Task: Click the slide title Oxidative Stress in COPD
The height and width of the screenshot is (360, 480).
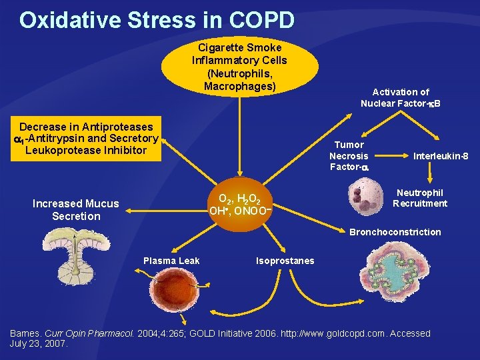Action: pos(157,19)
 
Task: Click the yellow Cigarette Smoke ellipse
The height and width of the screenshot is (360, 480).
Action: pos(236,67)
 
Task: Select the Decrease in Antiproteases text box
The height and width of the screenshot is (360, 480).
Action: pos(86,138)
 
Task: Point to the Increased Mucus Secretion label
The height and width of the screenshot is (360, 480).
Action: pos(76,210)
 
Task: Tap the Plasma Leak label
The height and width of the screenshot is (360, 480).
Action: pos(171,261)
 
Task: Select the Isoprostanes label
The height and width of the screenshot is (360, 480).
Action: pos(285,261)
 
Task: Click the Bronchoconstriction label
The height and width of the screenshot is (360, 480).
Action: pos(395,232)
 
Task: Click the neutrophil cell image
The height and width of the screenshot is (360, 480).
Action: pos(365,197)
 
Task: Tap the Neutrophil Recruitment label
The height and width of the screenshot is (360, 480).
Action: pos(420,198)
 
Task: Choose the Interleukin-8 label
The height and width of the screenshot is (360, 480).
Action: pos(441,156)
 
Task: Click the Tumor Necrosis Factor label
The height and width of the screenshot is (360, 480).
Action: pos(349,155)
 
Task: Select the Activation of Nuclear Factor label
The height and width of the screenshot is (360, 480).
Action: pos(401,97)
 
